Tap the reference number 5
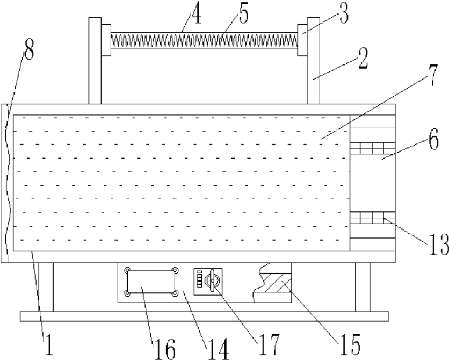(x=244, y=15)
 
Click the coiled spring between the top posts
(x=204, y=39)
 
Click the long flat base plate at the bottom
(x=204, y=316)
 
